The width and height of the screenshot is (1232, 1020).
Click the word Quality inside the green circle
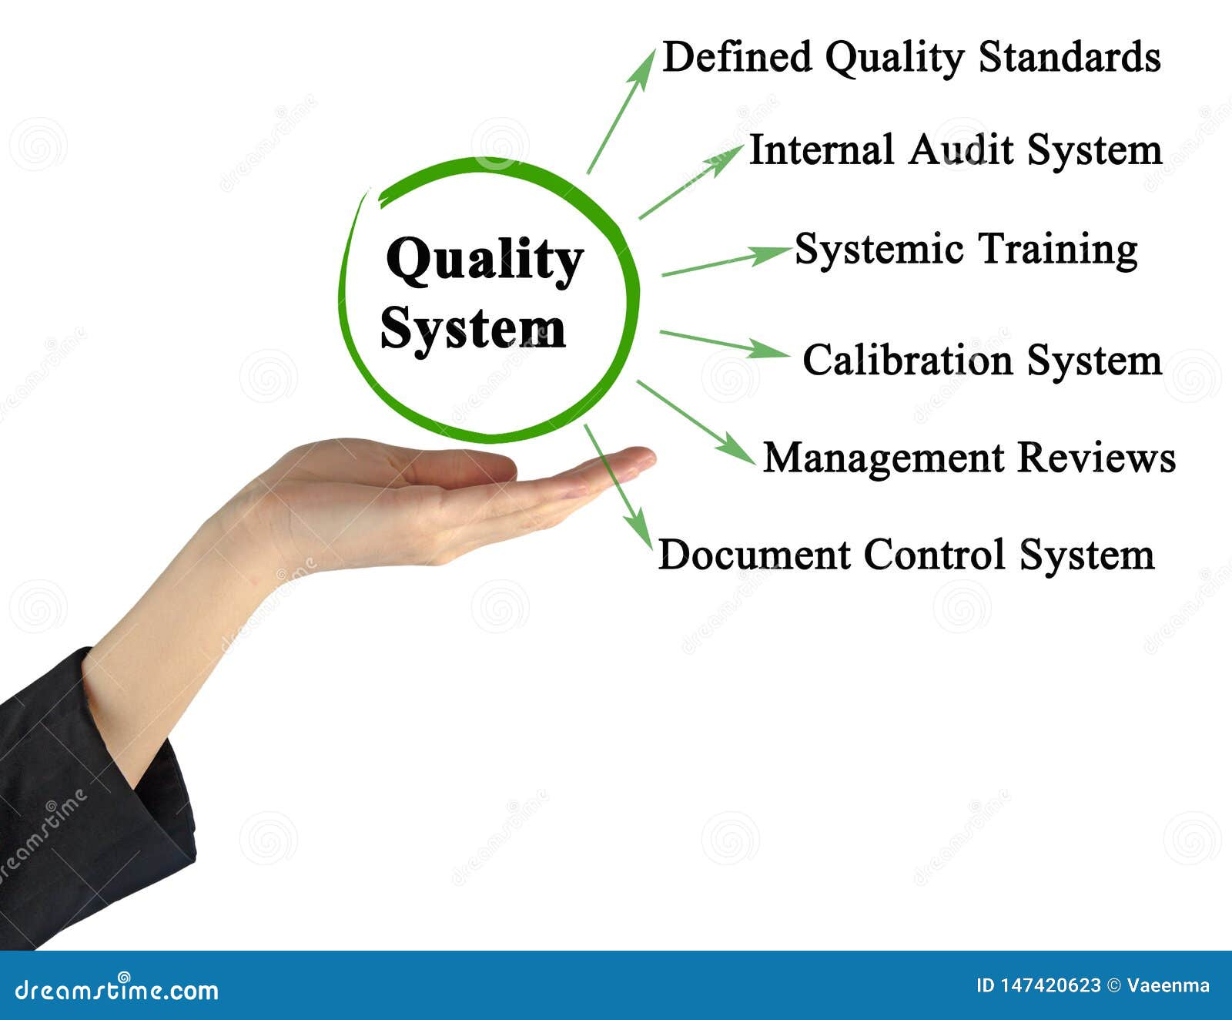click(x=484, y=260)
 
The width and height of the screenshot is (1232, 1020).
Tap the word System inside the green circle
click(x=473, y=329)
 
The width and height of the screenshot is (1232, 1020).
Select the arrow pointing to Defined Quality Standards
click(x=621, y=112)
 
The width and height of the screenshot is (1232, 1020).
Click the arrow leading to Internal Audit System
click(x=689, y=183)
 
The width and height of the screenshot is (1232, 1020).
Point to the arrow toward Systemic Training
click(x=724, y=261)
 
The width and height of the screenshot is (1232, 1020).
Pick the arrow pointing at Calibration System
click(x=724, y=344)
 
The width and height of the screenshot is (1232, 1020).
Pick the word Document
click(x=754, y=555)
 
